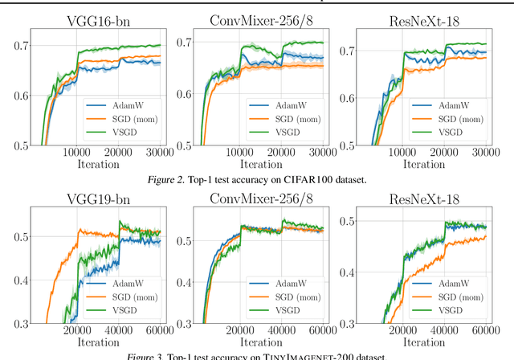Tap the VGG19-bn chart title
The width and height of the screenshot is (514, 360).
click(96, 197)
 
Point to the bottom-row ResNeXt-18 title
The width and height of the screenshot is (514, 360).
click(425, 197)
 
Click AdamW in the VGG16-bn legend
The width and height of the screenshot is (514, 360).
click(129, 104)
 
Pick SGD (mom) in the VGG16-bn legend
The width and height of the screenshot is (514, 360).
click(133, 118)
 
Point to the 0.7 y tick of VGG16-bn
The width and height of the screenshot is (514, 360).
click(17, 47)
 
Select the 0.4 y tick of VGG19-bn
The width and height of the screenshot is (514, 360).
click(17, 280)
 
